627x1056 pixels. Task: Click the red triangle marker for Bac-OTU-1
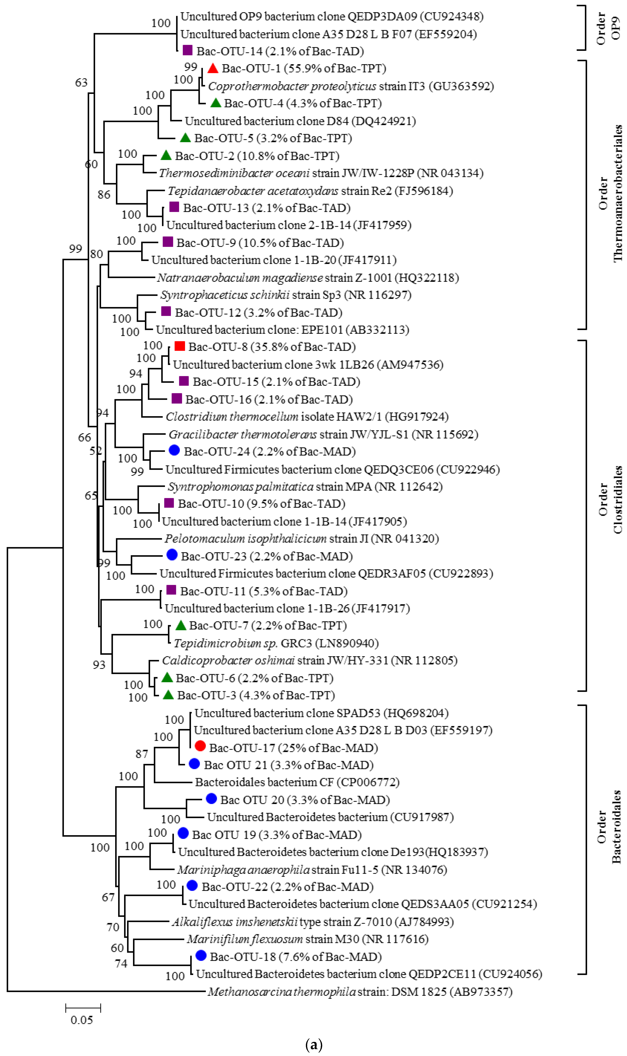pyautogui.click(x=212, y=68)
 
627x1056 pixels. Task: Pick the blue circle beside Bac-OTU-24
pyautogui.click(x=174, y=451)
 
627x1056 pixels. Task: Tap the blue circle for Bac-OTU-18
pyautogui.click(x=201, y=956)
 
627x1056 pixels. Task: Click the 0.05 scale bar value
pyautogui.click(x=82, y=1020)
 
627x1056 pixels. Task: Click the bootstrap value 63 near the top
pyautogui.click(x=81, y=83)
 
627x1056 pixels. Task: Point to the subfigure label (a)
pyautogui.click(x=313, y=1045)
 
